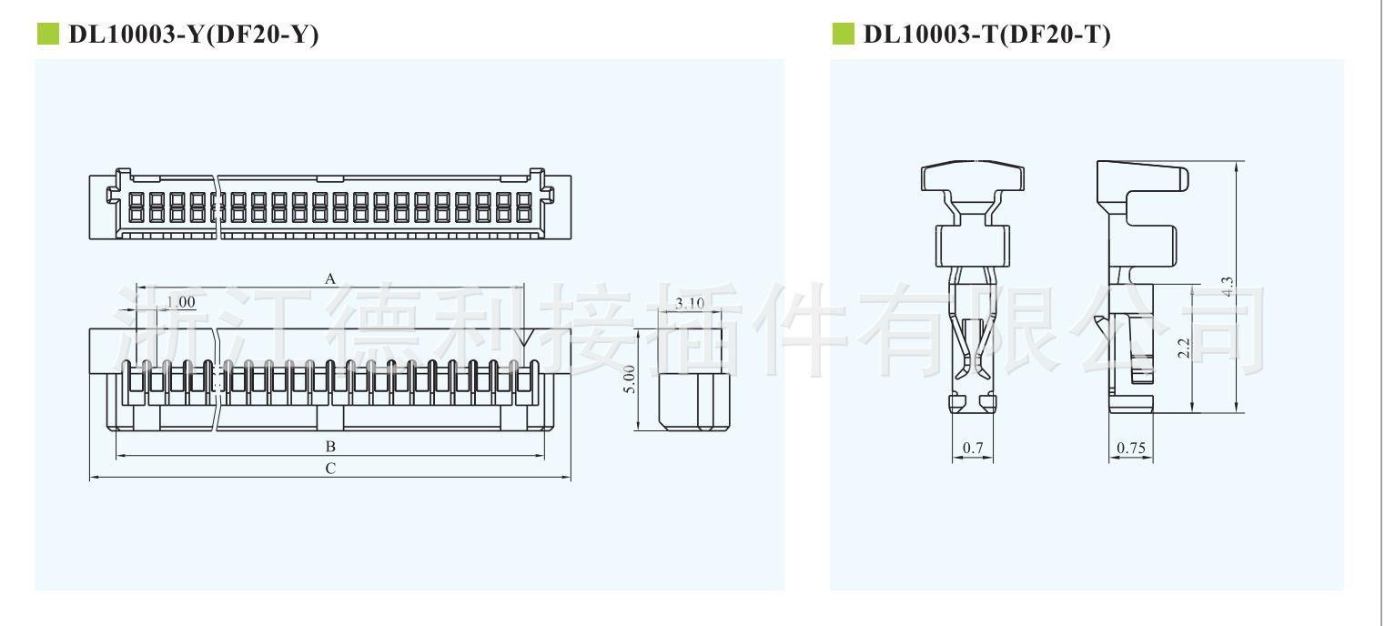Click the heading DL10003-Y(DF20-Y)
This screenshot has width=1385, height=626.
coord(194,35)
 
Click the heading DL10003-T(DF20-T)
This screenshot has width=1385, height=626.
coord(986,35)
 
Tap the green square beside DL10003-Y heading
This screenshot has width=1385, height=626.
coord(48,34)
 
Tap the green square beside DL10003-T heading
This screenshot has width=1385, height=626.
coord(844,34)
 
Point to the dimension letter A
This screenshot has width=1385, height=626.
coord(330,278)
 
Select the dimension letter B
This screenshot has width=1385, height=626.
coord(331,446)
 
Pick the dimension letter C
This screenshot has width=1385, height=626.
coord(331,469)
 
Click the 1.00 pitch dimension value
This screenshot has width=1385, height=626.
coord(181,302)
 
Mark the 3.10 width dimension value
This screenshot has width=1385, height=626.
coord(690,303)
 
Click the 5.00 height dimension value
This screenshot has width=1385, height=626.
coord(630,379)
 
